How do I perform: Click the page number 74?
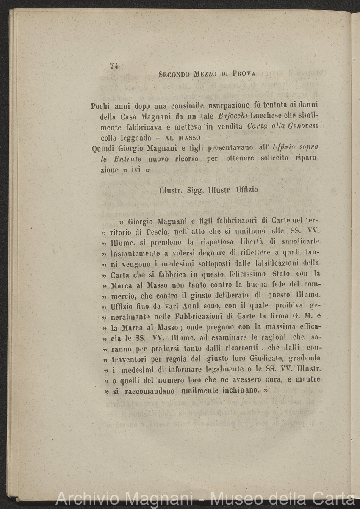pyautogui.click(x=114, y=66)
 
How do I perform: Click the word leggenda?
pyautogui.click(x=125, y=137)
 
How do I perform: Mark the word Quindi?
pyautogui.click(x=103, y=148)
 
